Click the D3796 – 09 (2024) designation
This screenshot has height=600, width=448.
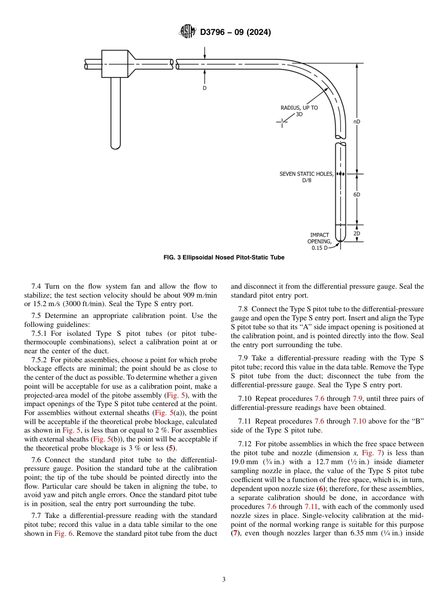click(235, 33)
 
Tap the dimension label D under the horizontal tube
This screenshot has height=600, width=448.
click(205, 88)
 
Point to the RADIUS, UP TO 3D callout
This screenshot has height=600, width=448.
click(299, 111)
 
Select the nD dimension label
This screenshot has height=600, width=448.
click(357, 121)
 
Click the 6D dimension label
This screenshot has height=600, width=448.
click(357, 194)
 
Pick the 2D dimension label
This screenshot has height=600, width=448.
click(357, 233)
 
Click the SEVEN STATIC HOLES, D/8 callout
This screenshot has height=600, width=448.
click(306, 177)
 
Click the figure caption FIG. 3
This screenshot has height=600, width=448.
click(224, 258)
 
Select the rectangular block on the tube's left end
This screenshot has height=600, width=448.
click(115, 64)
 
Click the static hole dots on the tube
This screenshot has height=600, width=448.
click(340, 174)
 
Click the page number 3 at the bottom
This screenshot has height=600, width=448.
click(224, 579)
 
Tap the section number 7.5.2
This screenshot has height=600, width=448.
click(41, 359)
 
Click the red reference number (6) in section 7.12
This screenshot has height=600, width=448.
click(321, 489)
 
